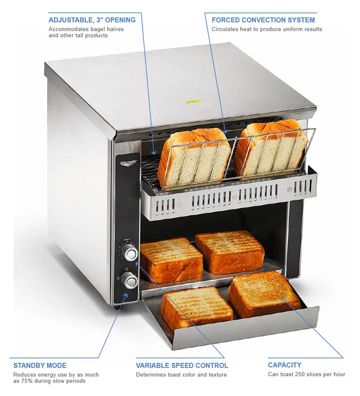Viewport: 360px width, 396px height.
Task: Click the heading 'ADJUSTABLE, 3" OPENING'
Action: pyautogui.click(x=92, y=20)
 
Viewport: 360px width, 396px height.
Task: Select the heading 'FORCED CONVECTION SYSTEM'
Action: pyautogui.click(x=263, y=20)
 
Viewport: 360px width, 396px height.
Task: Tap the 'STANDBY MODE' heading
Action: pyautogui.click(x=40, y=366)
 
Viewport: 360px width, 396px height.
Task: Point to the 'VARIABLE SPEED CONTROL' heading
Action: pyautogui.click(x=182, y=366)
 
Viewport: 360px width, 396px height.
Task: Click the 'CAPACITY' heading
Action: pyautogui.click(x=284, y=365)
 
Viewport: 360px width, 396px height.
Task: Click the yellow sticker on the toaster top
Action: pyautogui.click(x=193, y=101)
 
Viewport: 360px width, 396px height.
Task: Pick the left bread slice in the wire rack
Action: pyautogui.click(x=194, y=158)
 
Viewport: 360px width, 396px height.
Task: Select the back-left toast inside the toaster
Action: pyautogui.click(x=171, y=259)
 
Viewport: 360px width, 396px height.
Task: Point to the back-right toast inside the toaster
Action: pyautogui.click(x=230, y=252)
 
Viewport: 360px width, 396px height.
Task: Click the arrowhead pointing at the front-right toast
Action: pyautogui.click(x=283, y=299)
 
